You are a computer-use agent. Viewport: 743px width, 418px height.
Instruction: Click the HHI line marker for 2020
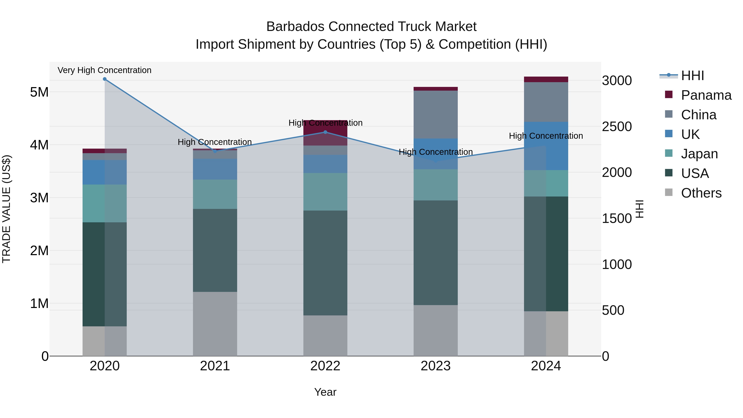click(x=105, y=79)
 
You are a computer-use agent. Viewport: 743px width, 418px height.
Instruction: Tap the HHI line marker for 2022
click(x=325, y=132)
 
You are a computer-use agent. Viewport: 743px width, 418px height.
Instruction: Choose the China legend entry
click(x=698, y=115)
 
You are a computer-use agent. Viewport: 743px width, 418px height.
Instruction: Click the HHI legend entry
click(x=692, y=76)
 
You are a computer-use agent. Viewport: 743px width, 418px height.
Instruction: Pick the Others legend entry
click(x=701, y=193)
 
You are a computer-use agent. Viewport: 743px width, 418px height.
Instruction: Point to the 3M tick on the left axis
click(x=39, y=198)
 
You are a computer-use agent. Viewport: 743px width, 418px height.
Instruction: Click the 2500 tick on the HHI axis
click(x=617, y=127)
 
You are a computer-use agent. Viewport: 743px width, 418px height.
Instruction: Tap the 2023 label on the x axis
click(x=435, y=366)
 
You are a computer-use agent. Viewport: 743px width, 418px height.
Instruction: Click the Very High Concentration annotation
click(x=104, y=70)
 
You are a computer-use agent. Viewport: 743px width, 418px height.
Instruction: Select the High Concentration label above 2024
click(x=546, y=136)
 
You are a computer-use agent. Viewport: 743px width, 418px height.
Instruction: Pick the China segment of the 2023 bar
click(x=435, y=115)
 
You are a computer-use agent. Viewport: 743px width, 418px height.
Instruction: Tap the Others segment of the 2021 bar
click(x=215, y=324)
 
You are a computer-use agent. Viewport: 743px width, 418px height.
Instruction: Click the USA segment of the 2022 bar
click(x=325, y=263)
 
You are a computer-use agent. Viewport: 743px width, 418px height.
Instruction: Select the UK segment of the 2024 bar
click(x=546, y=146)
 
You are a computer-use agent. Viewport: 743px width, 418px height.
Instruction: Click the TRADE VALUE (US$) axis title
click(x=6, y=209)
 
